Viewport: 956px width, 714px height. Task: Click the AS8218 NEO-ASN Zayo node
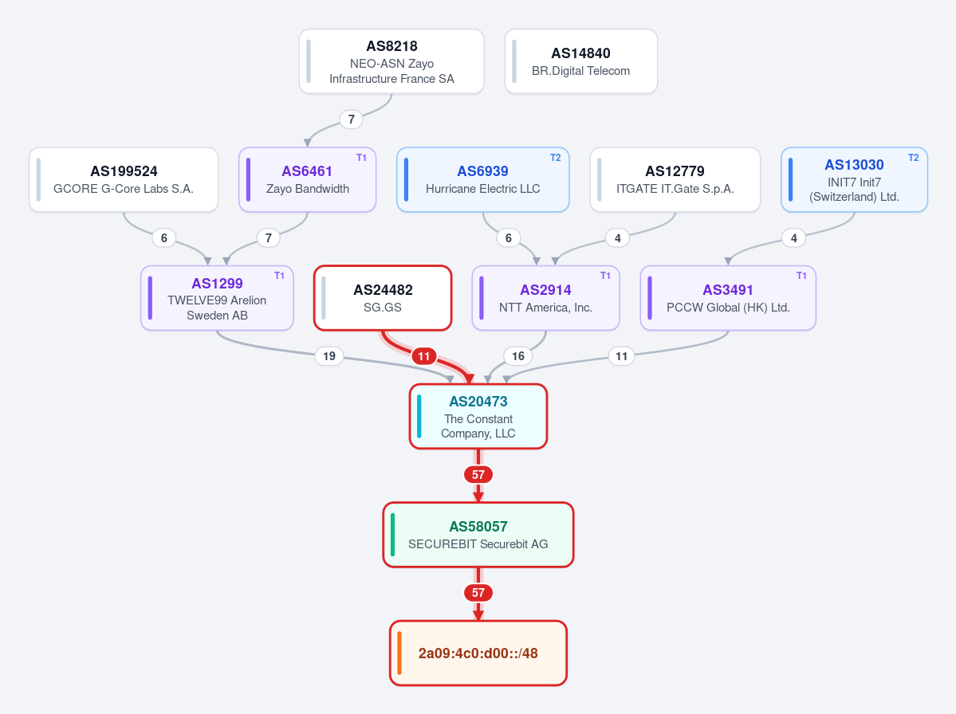pyautogui.click(x=391, y=61)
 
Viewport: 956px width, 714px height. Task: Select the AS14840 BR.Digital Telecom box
pyautogui.click(x=581, y=61)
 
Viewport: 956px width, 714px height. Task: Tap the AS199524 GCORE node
pyautogui.click(x=124, y=180)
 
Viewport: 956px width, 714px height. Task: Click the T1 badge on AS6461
pyautogui.click(x=361, y=158)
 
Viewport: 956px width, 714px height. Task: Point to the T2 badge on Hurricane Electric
pyautogui.click(x=556, y=158)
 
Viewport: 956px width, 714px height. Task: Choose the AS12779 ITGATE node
pyautogui.click(x=675, y=180)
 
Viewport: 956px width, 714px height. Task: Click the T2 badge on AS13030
pyautogui.click(x=913, y=158)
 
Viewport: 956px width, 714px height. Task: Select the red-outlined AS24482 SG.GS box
pyautogui.click(x=383, y=298)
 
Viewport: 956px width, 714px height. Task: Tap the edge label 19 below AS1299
pyautogui.click(x=329, y=355)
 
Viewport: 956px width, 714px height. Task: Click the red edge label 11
pyautogui.click(x=423, y=355)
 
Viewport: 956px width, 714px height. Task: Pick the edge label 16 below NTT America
pyautogui.click(x=518, y=355)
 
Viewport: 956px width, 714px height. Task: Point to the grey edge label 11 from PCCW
pyautogui.click(x=621, y=355)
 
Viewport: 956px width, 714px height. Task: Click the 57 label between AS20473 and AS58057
pyautogui.click(x=478, y=475)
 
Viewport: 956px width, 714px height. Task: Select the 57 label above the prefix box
pyautogui.click(x=478, y=593)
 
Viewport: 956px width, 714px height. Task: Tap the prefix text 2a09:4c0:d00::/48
pyautogui.click(x=478, y=653)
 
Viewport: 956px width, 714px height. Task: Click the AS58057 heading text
pyautogui.click(x=478, y=527)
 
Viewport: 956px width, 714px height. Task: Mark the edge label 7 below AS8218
pyautogui.click(x=351, y=120)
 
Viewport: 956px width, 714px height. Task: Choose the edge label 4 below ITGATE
pyautogui.click(x=618, y=238)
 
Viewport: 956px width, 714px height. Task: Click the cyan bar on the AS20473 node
pyautogui.click(x=419, y=417)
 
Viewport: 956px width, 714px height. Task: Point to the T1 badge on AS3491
pyautogui.click(x=802, y=276)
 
